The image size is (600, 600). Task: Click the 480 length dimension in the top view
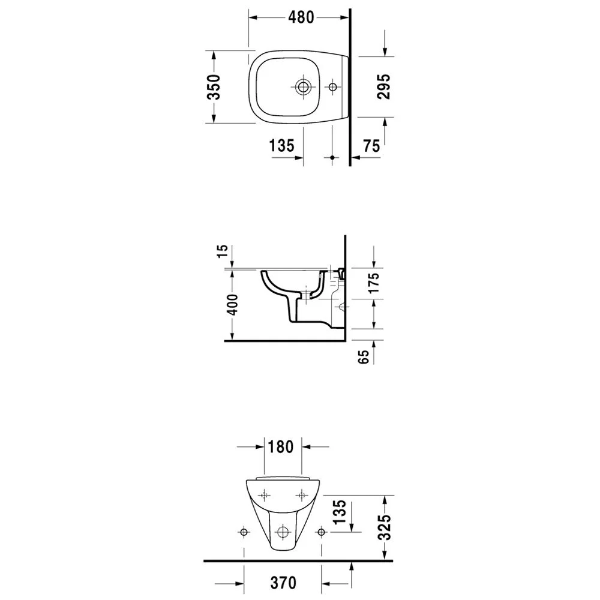(x=300, y=17)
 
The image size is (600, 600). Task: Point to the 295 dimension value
(x=384, y=87)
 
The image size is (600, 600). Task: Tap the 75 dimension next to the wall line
(x=371, y=146)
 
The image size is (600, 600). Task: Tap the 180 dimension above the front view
(x=281, y=447)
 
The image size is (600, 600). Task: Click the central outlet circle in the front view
(x=282, y=532)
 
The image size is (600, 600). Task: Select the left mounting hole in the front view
(x=244, y=532)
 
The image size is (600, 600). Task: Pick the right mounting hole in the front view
(x=322, y=532)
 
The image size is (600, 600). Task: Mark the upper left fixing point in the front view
(x=265, y=495)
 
